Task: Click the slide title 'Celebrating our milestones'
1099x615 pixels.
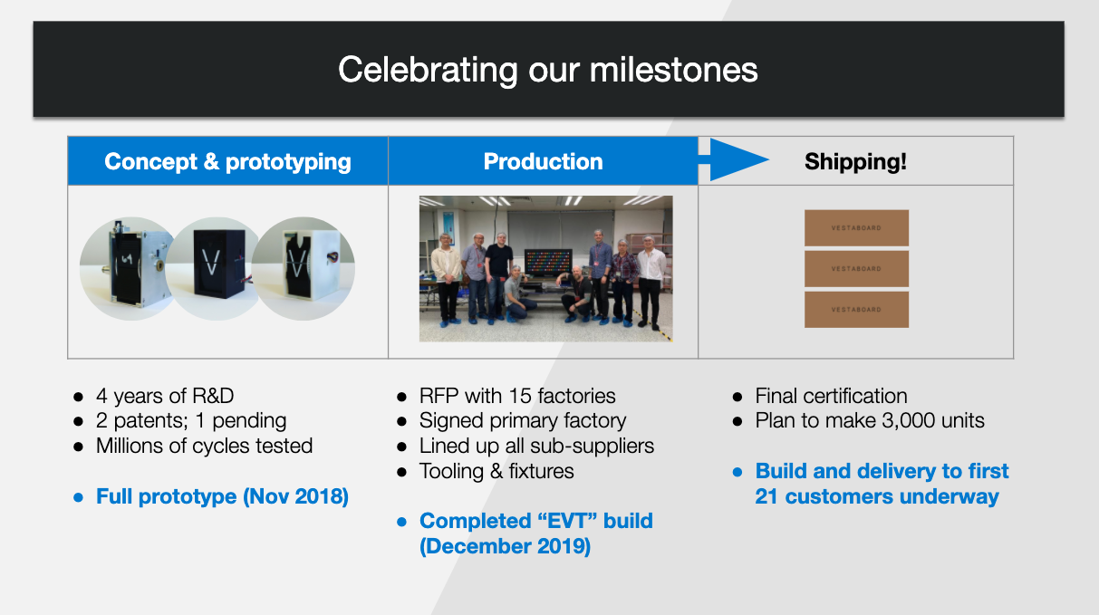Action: point(547,70)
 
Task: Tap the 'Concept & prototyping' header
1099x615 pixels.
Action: point(227,161)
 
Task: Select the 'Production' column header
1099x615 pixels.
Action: point(543,161)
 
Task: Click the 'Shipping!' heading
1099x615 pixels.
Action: point(855,161)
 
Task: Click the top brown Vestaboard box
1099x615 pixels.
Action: point(856,228)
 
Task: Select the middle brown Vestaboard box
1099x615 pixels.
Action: point(856,269)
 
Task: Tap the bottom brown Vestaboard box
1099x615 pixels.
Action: point(856,310)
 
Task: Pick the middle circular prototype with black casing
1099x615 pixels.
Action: point(216,269)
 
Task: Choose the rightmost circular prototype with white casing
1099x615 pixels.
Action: point(304,269)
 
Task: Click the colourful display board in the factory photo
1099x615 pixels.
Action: point(548,262)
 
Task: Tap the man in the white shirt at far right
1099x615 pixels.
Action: point(651,281)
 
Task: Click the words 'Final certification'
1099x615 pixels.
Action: point(831,396)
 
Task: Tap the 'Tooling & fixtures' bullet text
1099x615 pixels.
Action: point(496,471)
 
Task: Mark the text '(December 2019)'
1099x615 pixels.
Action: point(506,546)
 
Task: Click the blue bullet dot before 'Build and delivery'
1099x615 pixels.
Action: point(737,472)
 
